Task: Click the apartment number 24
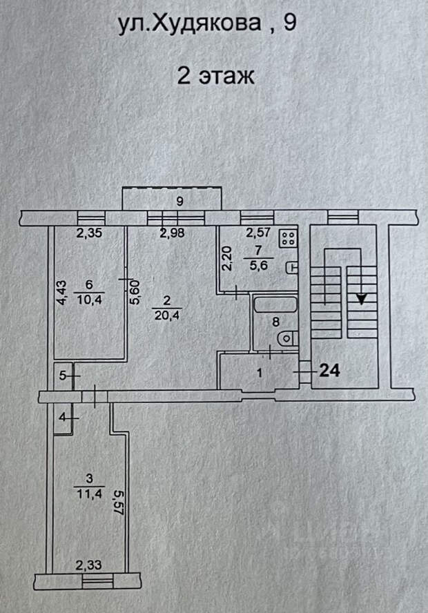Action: click(x=329, y=370)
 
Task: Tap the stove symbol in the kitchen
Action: click(x=289, y=238)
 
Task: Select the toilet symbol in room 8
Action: click(x=288, y=338)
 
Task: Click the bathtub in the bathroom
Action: click(x=275, y=305)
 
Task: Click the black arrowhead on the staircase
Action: click(x=362, y=299)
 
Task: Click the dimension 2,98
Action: click(x=172, y=233)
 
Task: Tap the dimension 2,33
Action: click(x=89, y=565)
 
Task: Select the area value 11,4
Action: click(x=90, y=494)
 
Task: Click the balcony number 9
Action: click(x=179, y=202)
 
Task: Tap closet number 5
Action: click(x=62, y=376)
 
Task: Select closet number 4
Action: click(x=62, y=418)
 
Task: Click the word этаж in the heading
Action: click(x=226, y=75)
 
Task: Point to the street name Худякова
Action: click(x=206, y=24)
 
